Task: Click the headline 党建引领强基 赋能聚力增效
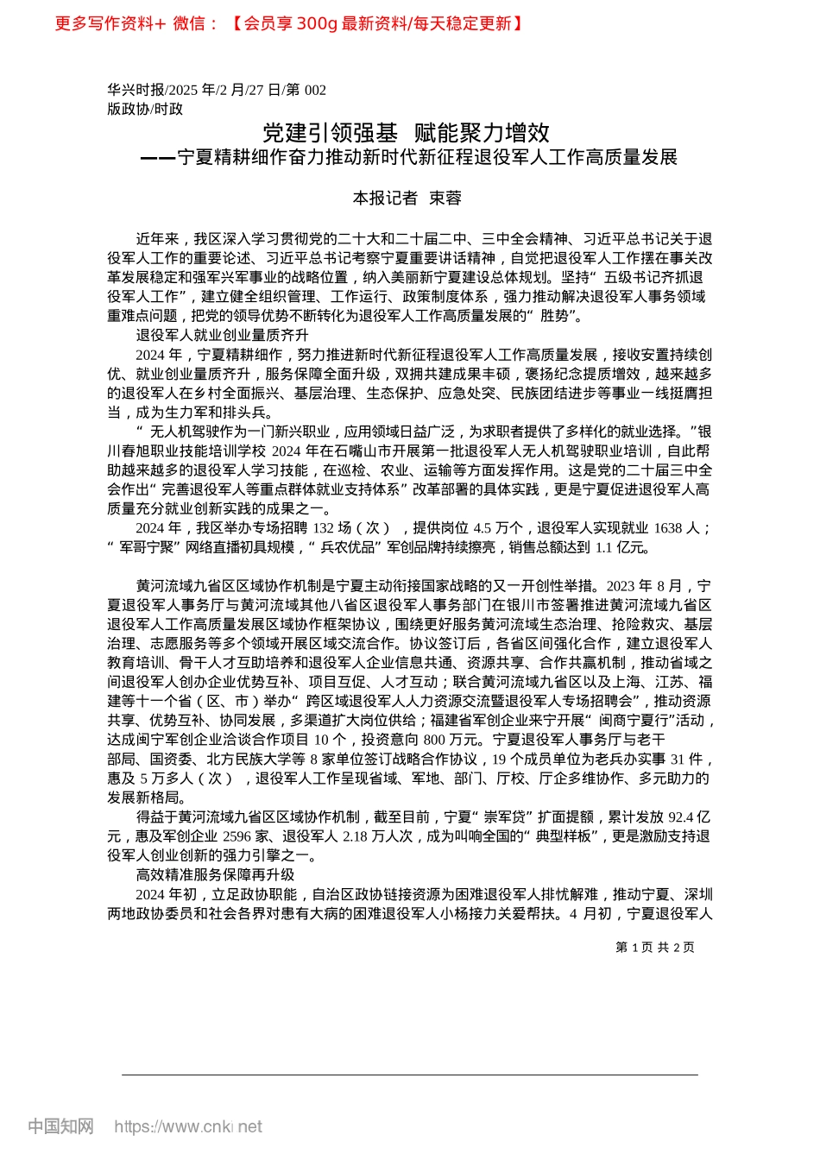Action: click(406, 133)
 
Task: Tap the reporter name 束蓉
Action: click(445, 199)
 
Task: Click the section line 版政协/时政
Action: click(145, 109)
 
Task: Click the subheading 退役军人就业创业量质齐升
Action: click(222, 335)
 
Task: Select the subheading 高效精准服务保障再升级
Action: click(215, 874)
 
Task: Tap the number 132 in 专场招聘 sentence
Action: click(323, 528)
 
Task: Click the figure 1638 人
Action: click(676, 528)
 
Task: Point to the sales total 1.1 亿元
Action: click(621, 547)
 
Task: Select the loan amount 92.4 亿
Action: click(688, 816)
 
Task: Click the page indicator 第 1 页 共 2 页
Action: click(654, 947)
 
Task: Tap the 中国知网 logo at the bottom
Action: click(60, 1125)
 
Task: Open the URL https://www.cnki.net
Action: click(188, 1126)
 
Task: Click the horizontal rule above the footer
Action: click(409, 1075)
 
